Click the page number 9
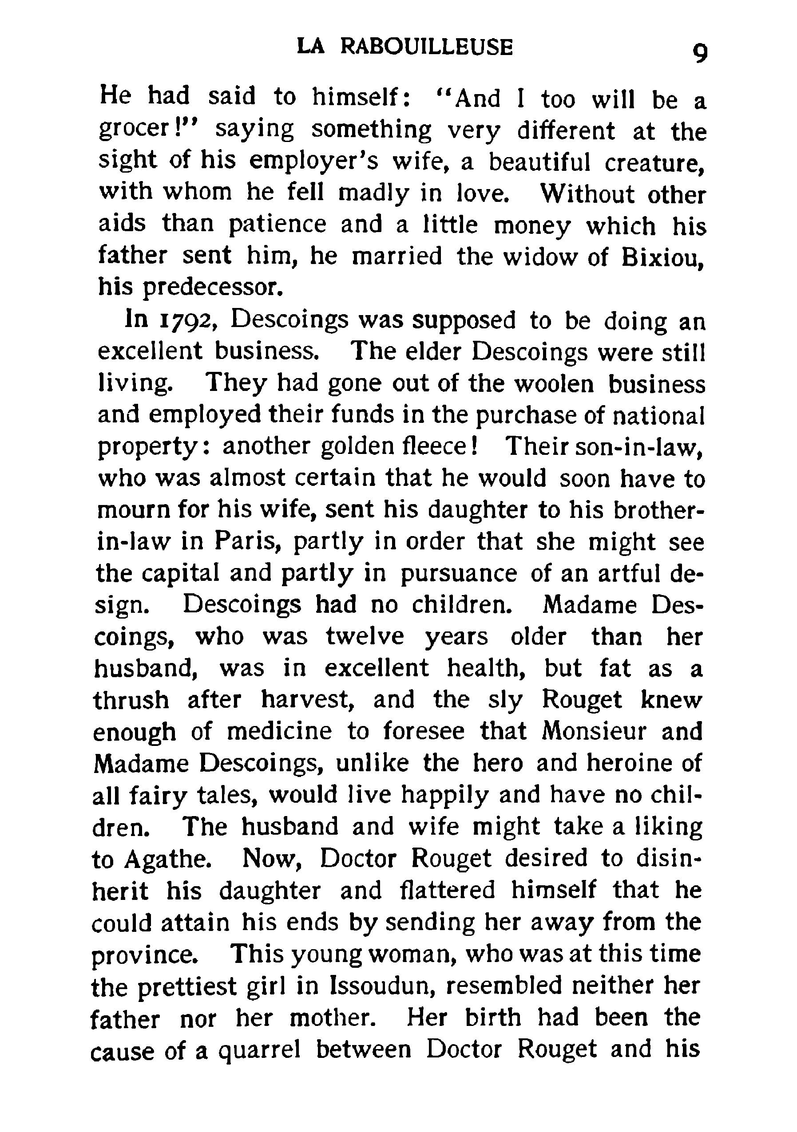point(700,53)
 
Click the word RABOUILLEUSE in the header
point(427,47)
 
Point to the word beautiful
point(539,162)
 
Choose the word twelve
point(365,636)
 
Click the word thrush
point(131,700)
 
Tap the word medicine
point(279,731)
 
